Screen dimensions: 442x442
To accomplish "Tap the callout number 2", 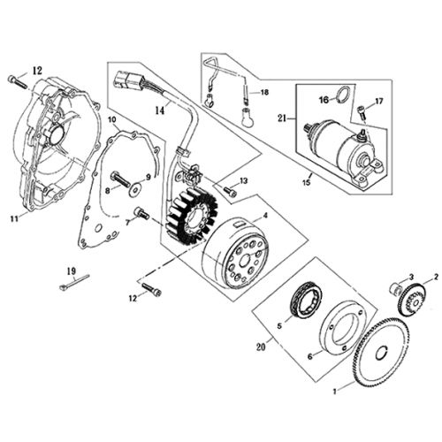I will (435, 277).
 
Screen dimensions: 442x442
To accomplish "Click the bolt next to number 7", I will (141, 211).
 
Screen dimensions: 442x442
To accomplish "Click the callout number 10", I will (111, 118).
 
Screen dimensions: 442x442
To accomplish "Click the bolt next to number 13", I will (229, 189).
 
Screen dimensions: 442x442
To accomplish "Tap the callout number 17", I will (379, 102).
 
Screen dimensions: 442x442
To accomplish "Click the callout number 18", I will (264, 91).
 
